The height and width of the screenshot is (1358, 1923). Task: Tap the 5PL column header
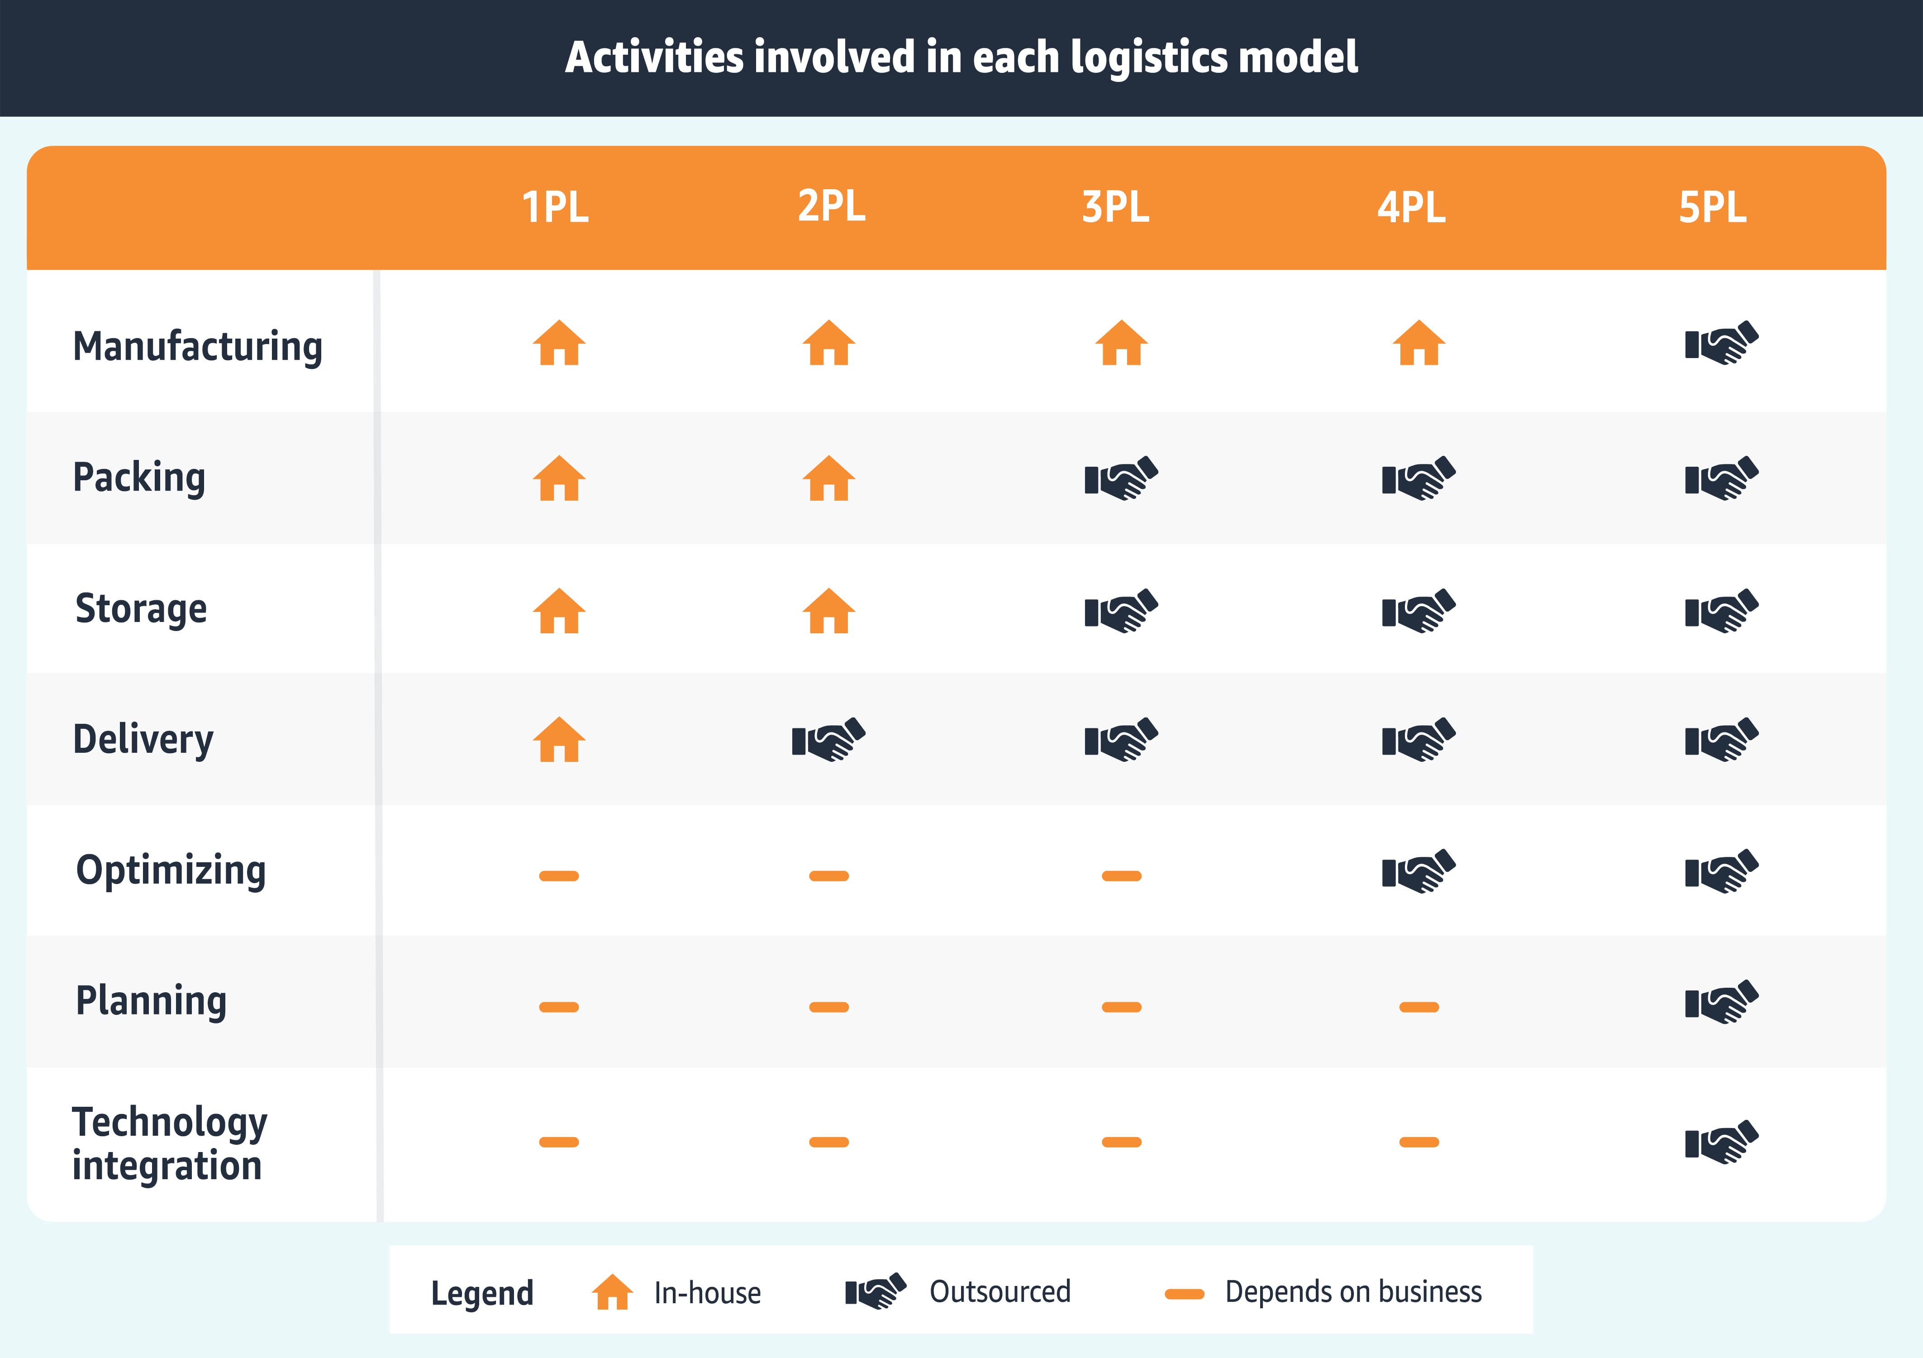1712,207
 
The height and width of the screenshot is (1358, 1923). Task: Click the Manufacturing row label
198,346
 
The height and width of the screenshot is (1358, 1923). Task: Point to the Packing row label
139,477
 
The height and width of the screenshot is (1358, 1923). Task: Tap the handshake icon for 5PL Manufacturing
1721,343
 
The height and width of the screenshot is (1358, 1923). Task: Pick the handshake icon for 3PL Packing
1121,478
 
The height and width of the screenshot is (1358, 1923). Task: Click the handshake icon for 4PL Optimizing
1419,871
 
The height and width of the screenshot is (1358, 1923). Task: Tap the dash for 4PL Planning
1419,1007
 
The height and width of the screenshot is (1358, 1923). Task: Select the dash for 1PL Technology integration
559,1142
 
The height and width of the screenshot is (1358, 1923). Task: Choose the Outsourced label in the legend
1000,1292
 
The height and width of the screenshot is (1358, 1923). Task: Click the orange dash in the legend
1184,1294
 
